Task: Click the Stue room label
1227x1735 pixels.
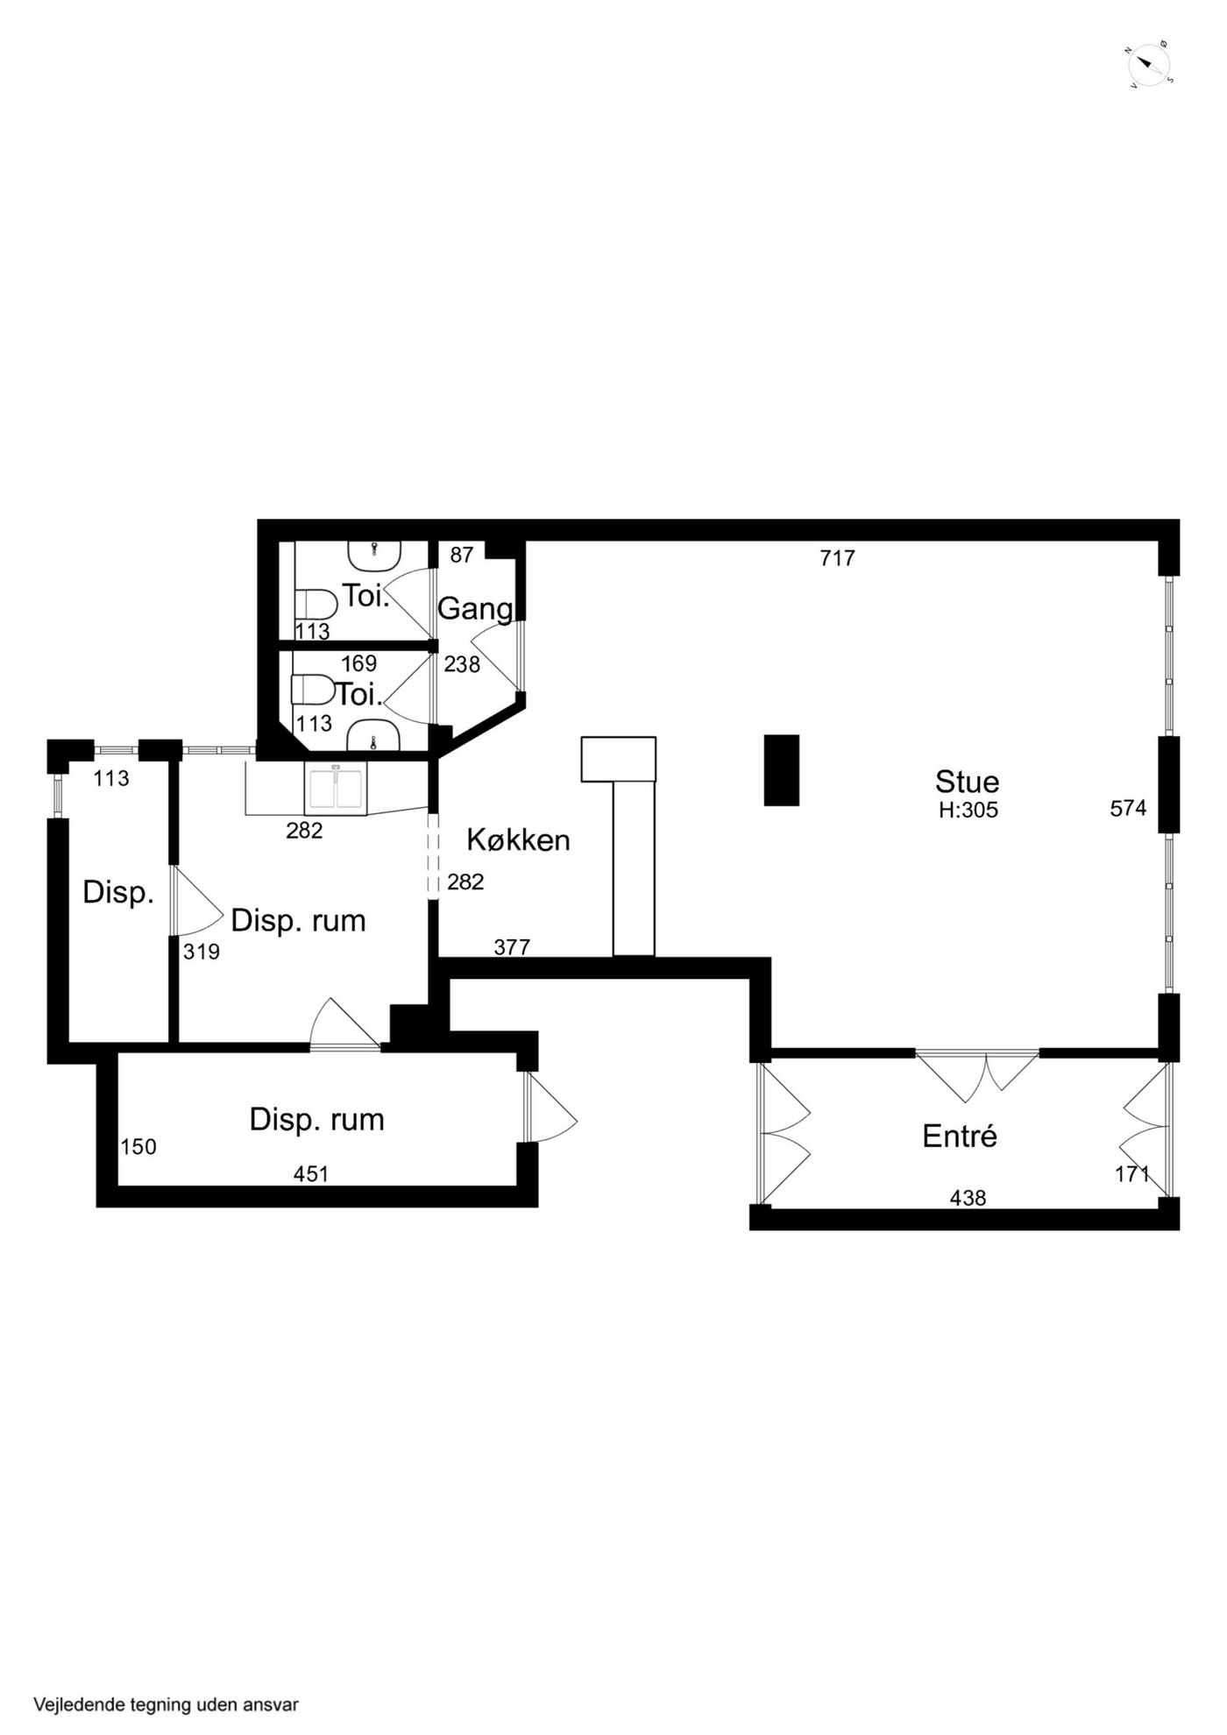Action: click(x=967, y=781)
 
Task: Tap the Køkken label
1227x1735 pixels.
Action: click(x=518, y=839)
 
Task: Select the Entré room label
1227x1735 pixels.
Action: click(x=960, y=1136)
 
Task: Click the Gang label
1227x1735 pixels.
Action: click(x=475, y=609)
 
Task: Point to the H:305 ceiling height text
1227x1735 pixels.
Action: click(x=968, y=810)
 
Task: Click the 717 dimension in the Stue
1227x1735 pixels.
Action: click(x=837, y=557)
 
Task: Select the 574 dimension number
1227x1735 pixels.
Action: click(x=1128, y=808)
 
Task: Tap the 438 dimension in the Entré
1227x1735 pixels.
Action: click(x=968, y=1197)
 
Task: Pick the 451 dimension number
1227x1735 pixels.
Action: click(x=310, y=1173)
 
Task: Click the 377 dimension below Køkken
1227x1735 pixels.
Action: click(x=512, y=946)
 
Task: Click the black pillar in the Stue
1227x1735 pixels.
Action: click(x=781, y=769)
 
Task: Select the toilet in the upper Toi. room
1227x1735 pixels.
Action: click(x=316, y=605)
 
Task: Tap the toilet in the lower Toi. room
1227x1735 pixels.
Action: click(x=313, y=690)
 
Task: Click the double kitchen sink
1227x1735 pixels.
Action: click(x=336, y=788)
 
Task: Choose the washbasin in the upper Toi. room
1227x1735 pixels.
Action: click(x=375, y=554)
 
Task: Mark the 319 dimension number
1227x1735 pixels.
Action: click(x=201, y=951)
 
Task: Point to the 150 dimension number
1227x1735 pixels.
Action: click(x=138, y=1146)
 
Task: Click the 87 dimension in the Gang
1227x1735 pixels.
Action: click(x=461, y=554)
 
